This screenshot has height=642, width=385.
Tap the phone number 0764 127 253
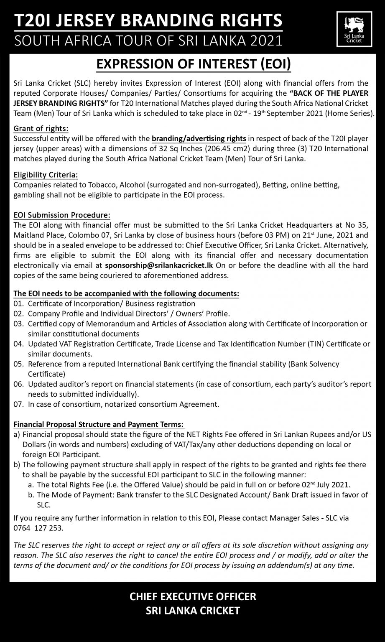pos(38,528)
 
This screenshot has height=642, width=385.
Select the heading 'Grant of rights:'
pos(41,128)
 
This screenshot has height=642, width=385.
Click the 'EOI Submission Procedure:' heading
pos(62,215)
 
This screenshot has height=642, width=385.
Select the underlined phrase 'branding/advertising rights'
pos(199,138)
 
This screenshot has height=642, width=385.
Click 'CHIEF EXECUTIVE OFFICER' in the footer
pos(193,596)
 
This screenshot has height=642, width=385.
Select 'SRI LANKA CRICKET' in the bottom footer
pos(193,611)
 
